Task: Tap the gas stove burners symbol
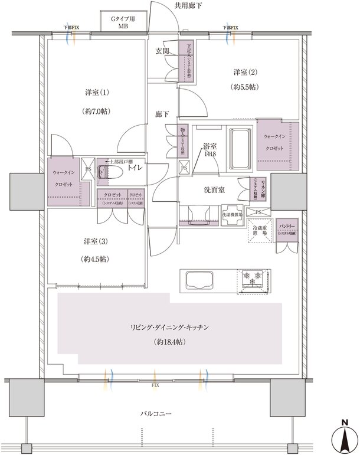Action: point(254,278)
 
